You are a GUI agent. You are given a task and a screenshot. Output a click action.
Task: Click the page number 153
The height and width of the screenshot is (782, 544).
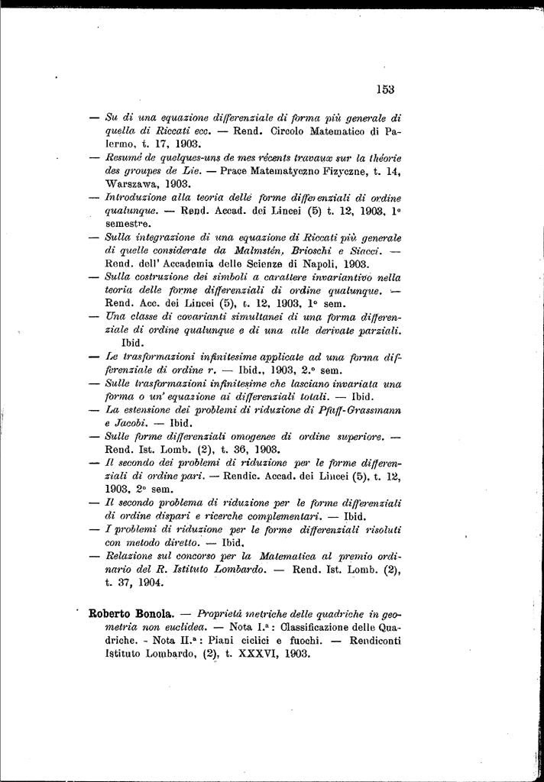(385, 89)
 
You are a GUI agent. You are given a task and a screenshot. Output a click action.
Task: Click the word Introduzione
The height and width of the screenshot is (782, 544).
(135, 198)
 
